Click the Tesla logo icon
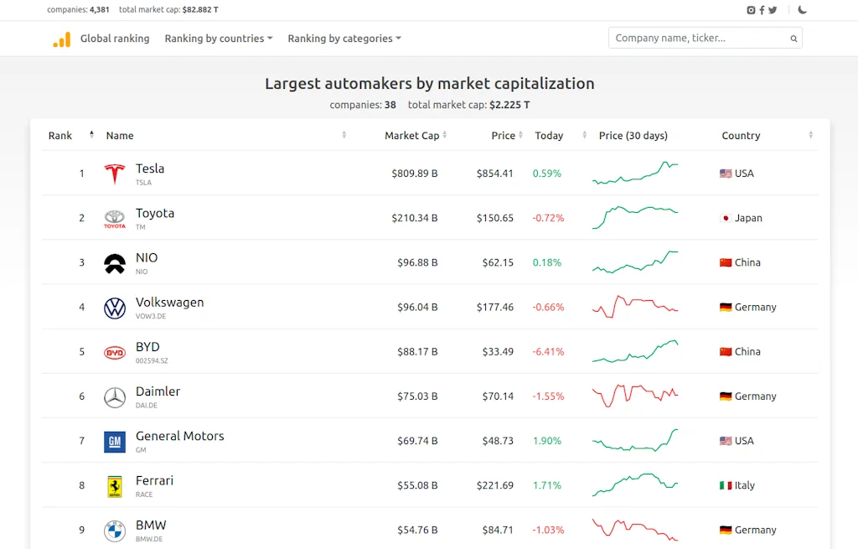114,174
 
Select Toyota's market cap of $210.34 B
414,218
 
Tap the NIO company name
147,258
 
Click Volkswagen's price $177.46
494,307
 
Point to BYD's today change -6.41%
548,351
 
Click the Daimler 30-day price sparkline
635,396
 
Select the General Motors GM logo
115,441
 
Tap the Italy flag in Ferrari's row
726,485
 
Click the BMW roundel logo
115,530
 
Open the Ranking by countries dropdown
218,39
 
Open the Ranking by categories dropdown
344,39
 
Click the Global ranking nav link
115,39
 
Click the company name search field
700,38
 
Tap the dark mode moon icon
803,10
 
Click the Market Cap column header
411,136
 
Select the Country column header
741,136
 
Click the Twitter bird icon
773,10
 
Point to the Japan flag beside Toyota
726,218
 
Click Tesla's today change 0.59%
546,174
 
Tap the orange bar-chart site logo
62,39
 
